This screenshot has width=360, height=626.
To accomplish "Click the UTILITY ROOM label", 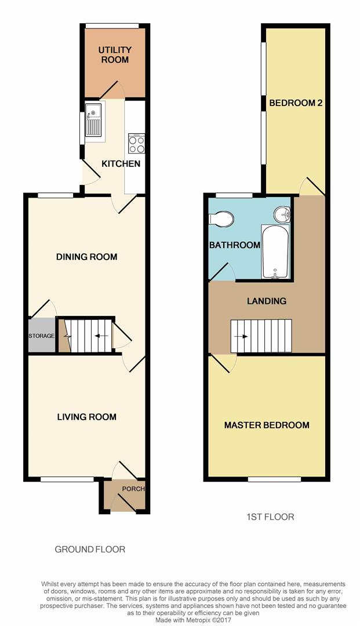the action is [x=115, y=54].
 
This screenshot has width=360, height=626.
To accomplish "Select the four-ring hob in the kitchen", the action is [x=136, y=143].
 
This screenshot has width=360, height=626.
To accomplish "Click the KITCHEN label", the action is [x=121, y=163].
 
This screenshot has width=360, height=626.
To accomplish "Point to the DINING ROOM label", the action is [x=86, y=257].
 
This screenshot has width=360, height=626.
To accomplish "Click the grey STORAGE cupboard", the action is [x=42, y=336].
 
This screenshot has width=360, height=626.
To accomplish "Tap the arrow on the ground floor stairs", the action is [x=101, y=336].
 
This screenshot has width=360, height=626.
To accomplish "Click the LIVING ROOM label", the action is [x=86, y=417].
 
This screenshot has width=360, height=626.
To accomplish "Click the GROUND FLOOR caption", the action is [x=90, y=549].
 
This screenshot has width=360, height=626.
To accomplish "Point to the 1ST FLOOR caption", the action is [x=270, y=516].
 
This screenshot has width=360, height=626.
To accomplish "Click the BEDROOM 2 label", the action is [x=296, y=103].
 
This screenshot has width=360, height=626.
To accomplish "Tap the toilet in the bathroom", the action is [x=221, y=219].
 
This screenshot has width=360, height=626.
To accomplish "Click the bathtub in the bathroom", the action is [x=275, y=252].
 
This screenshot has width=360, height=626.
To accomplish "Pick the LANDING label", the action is [x=267, y=301].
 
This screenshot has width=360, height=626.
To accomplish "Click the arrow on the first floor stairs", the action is [x=241, y=336].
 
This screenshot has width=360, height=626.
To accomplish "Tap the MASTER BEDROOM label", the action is [x=267, y=425].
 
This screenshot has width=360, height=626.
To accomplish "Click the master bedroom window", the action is [x=274, y=479].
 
